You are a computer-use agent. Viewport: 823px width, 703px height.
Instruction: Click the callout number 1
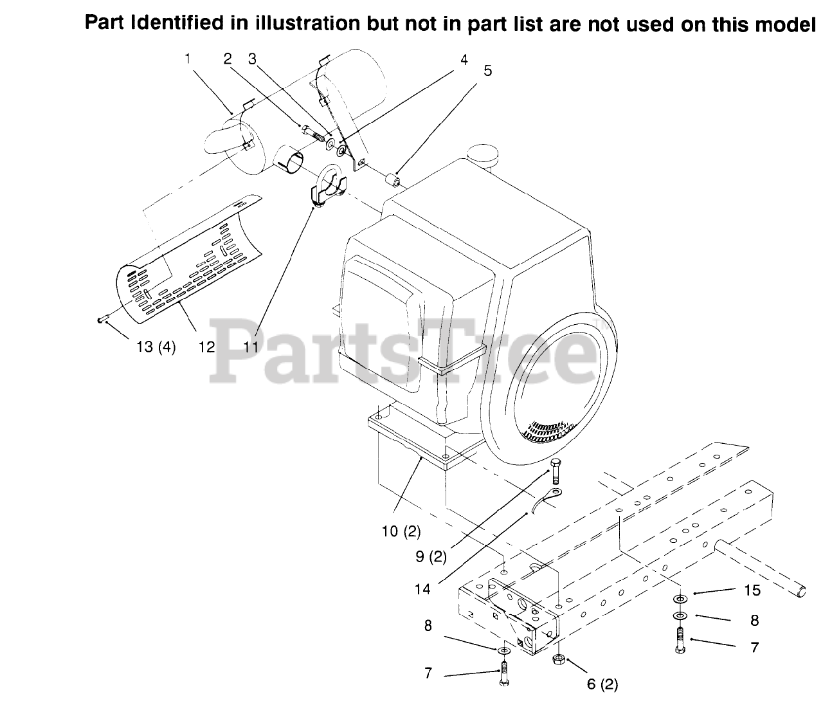[187, 58]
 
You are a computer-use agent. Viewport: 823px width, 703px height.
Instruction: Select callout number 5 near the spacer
[487, 71]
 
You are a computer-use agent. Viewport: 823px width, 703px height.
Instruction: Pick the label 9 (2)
[431, 557]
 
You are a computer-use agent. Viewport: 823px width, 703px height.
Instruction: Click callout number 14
[422, 589]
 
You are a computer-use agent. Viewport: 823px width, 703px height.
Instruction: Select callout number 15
[752, 590]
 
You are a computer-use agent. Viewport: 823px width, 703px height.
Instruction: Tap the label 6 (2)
[602, 684]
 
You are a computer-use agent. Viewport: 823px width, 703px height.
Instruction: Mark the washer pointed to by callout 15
[680, 599]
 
